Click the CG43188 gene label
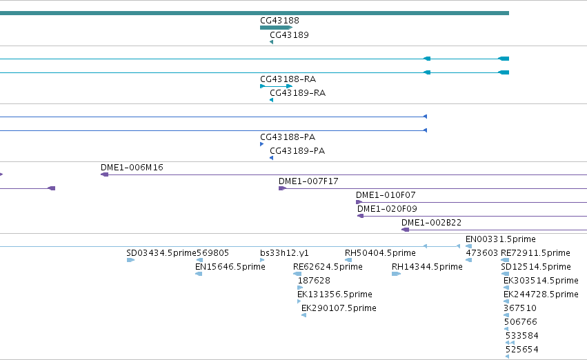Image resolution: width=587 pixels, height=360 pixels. [279, 21]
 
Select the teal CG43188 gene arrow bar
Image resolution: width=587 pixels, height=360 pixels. [277, 28]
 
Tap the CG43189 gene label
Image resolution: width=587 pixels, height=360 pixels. [290, 35]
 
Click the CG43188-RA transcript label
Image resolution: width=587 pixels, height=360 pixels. [288, 79]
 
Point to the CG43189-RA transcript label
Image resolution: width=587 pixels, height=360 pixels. [297, 93]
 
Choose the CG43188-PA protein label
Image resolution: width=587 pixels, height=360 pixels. [288, 137]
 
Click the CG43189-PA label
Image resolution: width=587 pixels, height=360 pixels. [297, 151]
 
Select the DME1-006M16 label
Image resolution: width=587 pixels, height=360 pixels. [132, 168]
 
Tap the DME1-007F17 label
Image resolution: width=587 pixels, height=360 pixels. [308, 181]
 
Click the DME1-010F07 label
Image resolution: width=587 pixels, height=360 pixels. [386, 195]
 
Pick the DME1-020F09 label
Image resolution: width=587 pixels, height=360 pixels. [387, 209]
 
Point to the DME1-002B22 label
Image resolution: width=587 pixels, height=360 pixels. [431, 223]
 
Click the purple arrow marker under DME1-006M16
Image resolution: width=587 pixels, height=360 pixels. [104, 174]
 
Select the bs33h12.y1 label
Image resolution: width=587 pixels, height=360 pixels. [284, 253]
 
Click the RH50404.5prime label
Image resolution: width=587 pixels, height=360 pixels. [380, 253]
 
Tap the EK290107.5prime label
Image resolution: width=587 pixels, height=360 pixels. [339, 308]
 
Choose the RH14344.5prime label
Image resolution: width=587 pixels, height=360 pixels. [427, 267]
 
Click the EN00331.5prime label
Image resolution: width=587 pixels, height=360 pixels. [501, 239]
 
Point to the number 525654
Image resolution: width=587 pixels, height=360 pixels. [522, 350]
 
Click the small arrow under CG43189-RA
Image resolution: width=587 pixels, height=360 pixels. [271, 100]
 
